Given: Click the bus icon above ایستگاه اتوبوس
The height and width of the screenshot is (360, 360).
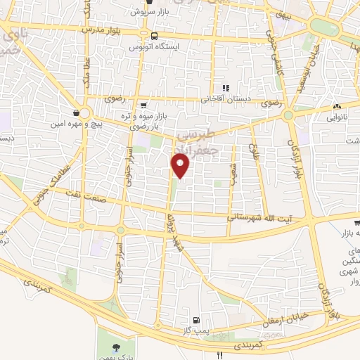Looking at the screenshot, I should [x=153, y=34].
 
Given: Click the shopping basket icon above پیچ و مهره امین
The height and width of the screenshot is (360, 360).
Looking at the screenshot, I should [x=76, y=112].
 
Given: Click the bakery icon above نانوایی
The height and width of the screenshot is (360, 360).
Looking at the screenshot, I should [x=336, y=108].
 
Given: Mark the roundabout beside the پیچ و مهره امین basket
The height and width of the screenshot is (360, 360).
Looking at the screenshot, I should [x=86, y=112].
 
